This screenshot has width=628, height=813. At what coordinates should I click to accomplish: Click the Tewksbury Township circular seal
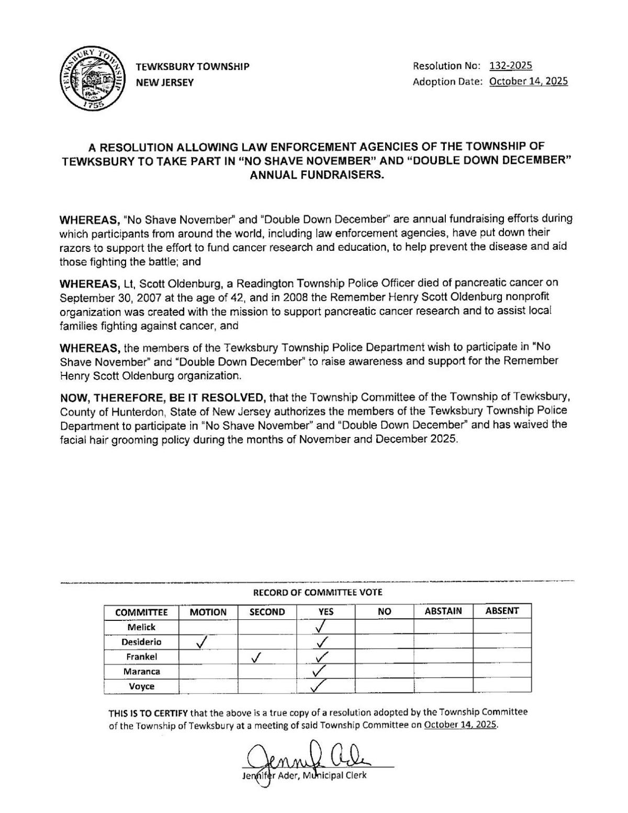[89, 74]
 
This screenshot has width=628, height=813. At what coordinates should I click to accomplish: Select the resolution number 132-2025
[510, 65]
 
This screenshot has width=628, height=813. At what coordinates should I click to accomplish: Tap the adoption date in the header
[528, 82]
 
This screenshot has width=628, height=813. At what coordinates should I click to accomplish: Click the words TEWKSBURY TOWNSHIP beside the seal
[192, 66]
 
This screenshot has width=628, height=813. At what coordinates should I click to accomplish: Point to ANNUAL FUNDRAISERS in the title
[317, 175]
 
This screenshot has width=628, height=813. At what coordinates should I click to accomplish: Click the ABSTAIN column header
[443, 611]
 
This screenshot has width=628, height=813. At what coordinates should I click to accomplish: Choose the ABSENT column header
[501, 611]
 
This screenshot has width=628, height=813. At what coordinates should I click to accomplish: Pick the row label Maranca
[141, 671]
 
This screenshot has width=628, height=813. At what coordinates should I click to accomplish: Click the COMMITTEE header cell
[141, 612]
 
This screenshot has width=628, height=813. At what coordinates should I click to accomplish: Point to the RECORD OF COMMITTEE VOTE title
[317, 593]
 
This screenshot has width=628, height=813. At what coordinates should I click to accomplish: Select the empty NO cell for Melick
[384, 627]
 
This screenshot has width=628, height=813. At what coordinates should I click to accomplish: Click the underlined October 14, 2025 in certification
[460, 726]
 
